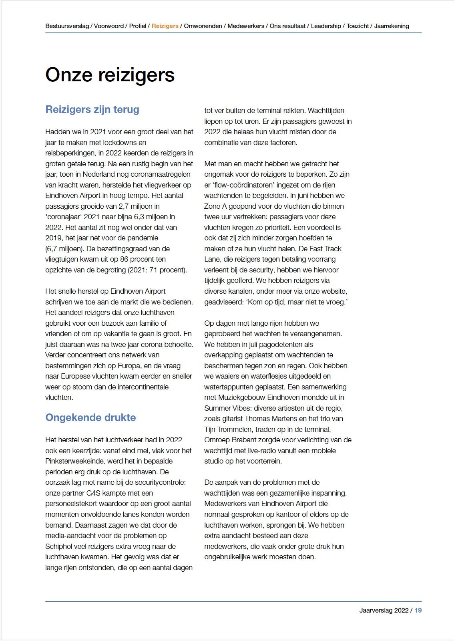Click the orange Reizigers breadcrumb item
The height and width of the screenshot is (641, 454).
coord(165,26)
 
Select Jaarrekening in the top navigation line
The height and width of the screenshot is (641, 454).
coord(392,26)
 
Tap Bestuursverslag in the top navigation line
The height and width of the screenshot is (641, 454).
coord(67,26)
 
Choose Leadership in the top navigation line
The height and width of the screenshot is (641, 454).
coord(326,26)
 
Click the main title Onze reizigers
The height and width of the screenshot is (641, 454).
coord(110,75)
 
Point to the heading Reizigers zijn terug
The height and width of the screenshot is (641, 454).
coord(92,109)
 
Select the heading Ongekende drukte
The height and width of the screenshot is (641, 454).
coord(90,417)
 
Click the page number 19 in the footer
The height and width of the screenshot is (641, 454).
coord(418,610)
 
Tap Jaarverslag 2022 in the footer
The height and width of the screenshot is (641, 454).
coord(384,610)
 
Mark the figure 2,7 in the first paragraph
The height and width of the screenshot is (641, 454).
coord(124,206)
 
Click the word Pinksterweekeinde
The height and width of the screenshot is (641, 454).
coord(80,461)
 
